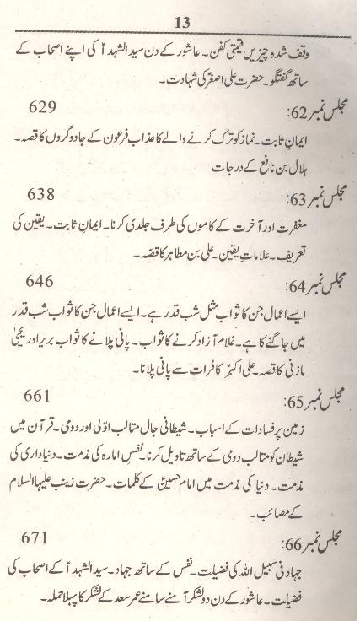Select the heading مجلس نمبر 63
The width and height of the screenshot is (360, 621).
pyautogui.click(x=303, y=202)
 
